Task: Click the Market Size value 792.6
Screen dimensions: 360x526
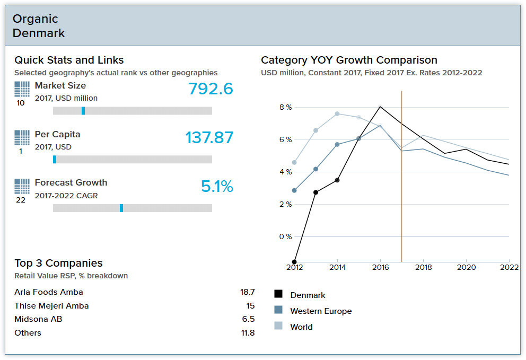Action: [x=211, y=89]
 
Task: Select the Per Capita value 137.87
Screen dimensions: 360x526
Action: [x=209, y=138]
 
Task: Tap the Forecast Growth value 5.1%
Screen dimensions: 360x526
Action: [x=217, y=187]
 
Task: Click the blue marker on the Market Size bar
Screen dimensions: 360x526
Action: [x=83, y=111]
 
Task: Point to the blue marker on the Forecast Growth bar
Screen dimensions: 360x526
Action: [x=121, y=208]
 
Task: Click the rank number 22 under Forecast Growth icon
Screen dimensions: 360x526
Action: [x=21, y=200]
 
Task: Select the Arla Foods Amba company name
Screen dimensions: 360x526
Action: [x=49, y=292]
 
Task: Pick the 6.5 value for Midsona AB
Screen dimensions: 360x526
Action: [x=248, y=319]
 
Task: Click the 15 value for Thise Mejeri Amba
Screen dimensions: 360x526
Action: [x=250, y=306]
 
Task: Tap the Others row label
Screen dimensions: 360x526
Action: [x=28, y=333]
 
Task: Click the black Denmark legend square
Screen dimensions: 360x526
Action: [x=278, y=294]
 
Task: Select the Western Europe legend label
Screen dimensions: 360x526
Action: [x=321, y=311]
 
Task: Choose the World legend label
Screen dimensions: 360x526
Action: [x=301, y=327]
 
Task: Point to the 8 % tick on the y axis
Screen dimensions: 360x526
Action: [x=285, y=108]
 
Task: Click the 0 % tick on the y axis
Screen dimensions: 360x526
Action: [x=285, y=236]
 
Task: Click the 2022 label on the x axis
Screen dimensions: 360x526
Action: [x=510, y=268]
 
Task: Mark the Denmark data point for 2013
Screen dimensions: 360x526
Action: [x=315, y=192]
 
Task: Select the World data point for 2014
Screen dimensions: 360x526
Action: [x=337, y=114]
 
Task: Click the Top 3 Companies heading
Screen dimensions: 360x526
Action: [x=58, y=264]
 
